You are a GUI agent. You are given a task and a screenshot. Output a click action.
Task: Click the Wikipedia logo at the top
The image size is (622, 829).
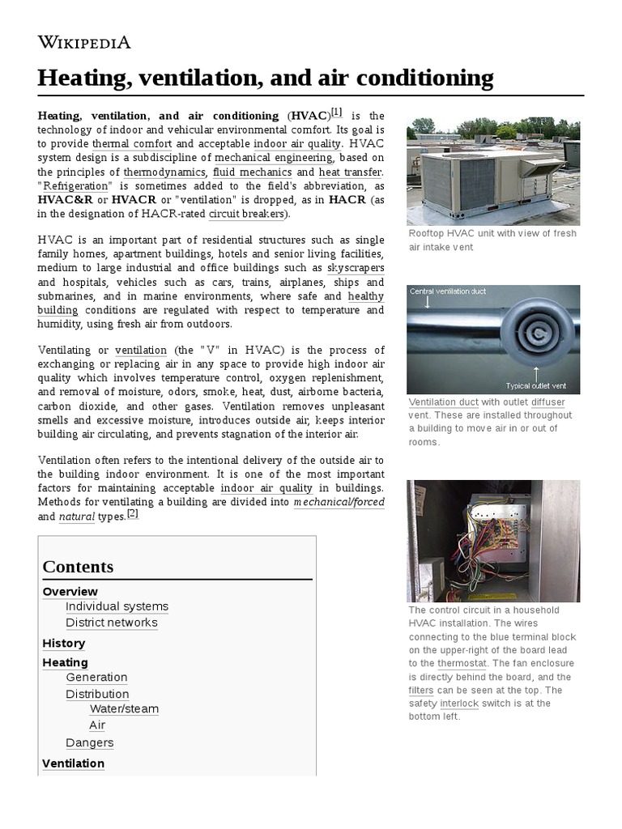click(84, 43)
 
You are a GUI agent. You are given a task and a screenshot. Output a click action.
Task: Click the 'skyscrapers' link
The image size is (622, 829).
click(356, 268)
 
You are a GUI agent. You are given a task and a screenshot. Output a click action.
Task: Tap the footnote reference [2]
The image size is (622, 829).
click(133, 514)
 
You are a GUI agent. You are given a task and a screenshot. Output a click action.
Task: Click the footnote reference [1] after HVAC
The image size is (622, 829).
click(336, 113)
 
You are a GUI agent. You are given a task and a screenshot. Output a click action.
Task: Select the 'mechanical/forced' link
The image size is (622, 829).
click(339, 502)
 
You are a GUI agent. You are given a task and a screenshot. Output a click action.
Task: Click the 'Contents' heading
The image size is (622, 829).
click(78, 567)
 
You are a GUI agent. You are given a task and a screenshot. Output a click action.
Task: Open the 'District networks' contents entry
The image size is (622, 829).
click(112, 623)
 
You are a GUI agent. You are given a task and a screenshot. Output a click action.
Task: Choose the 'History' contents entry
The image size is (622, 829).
click(63, 643)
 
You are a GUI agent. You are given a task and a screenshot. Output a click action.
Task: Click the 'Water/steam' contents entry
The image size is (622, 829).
click(124, 709)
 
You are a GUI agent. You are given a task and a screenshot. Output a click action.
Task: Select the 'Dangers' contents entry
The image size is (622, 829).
click(89, 742)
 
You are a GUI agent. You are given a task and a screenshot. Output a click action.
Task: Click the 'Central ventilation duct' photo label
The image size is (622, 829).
click(448, 291)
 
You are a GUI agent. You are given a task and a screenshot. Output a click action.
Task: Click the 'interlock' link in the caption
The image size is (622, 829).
click(458, 704)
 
